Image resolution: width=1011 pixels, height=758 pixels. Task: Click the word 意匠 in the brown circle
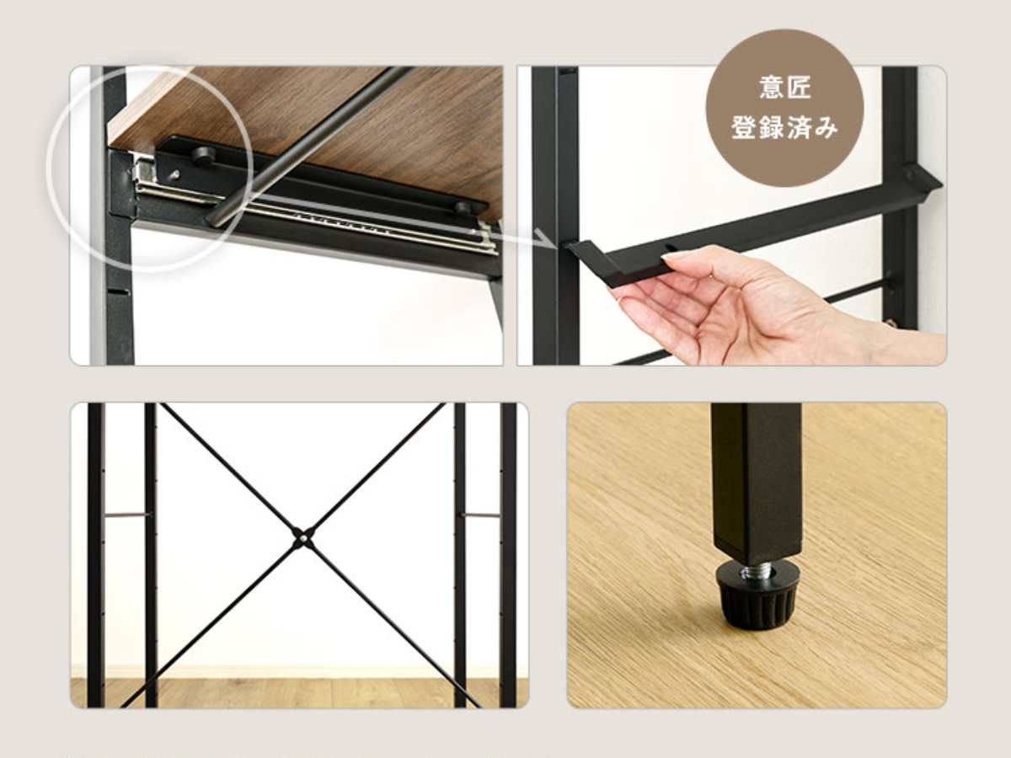coord(785,88)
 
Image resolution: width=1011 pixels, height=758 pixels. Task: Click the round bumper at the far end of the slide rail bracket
coord(463,207)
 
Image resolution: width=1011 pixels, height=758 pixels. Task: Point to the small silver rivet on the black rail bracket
coord(174,174)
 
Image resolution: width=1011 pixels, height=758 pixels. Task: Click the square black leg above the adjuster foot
coord(757,484)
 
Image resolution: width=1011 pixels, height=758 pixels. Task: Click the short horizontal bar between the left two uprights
coord(126,515)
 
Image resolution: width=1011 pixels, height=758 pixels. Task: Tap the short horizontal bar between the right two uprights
coord(482,515)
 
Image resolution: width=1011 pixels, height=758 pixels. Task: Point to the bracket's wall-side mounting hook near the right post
coord(921,182)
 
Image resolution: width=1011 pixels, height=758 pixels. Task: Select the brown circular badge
coord(785,108)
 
